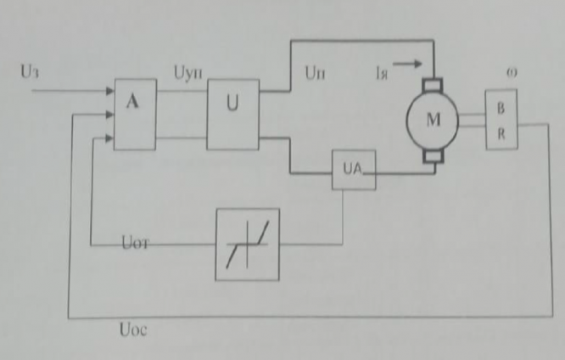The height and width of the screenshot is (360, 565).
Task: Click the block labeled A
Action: pos(135,115)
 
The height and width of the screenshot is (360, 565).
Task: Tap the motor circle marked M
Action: pos(433,120)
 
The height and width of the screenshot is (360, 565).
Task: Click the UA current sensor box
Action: pos(352,171)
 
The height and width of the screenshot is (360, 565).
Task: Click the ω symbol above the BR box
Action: pos(512,73)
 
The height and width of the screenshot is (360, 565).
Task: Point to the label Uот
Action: pos(131,243)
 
